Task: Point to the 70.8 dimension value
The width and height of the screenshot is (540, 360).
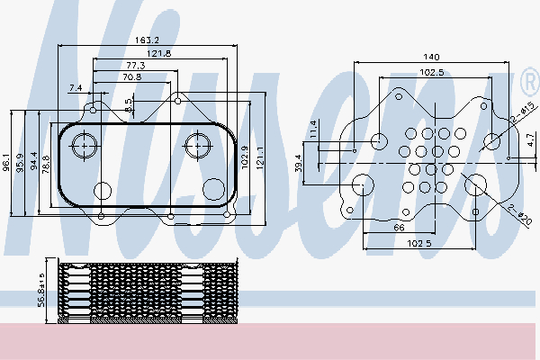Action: (133, 77)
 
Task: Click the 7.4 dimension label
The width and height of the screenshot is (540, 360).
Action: (75, 87)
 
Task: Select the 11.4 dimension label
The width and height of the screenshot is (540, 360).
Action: (314, 128)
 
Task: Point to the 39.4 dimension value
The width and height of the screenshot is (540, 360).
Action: (299, 164)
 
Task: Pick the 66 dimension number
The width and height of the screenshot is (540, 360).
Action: (399, 229)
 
